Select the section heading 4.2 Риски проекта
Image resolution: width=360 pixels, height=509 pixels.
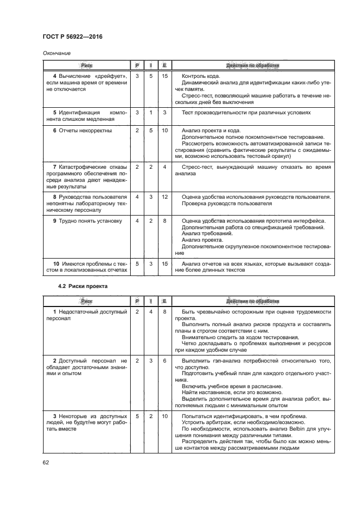tap(83, 286)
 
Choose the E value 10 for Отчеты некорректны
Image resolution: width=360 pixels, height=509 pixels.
tap(164, 131)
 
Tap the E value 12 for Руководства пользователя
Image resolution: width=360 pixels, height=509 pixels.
tap(164, 196)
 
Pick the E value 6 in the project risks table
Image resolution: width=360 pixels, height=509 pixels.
tap(164, 360)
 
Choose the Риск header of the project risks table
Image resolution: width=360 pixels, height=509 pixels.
tap(86, 300)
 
